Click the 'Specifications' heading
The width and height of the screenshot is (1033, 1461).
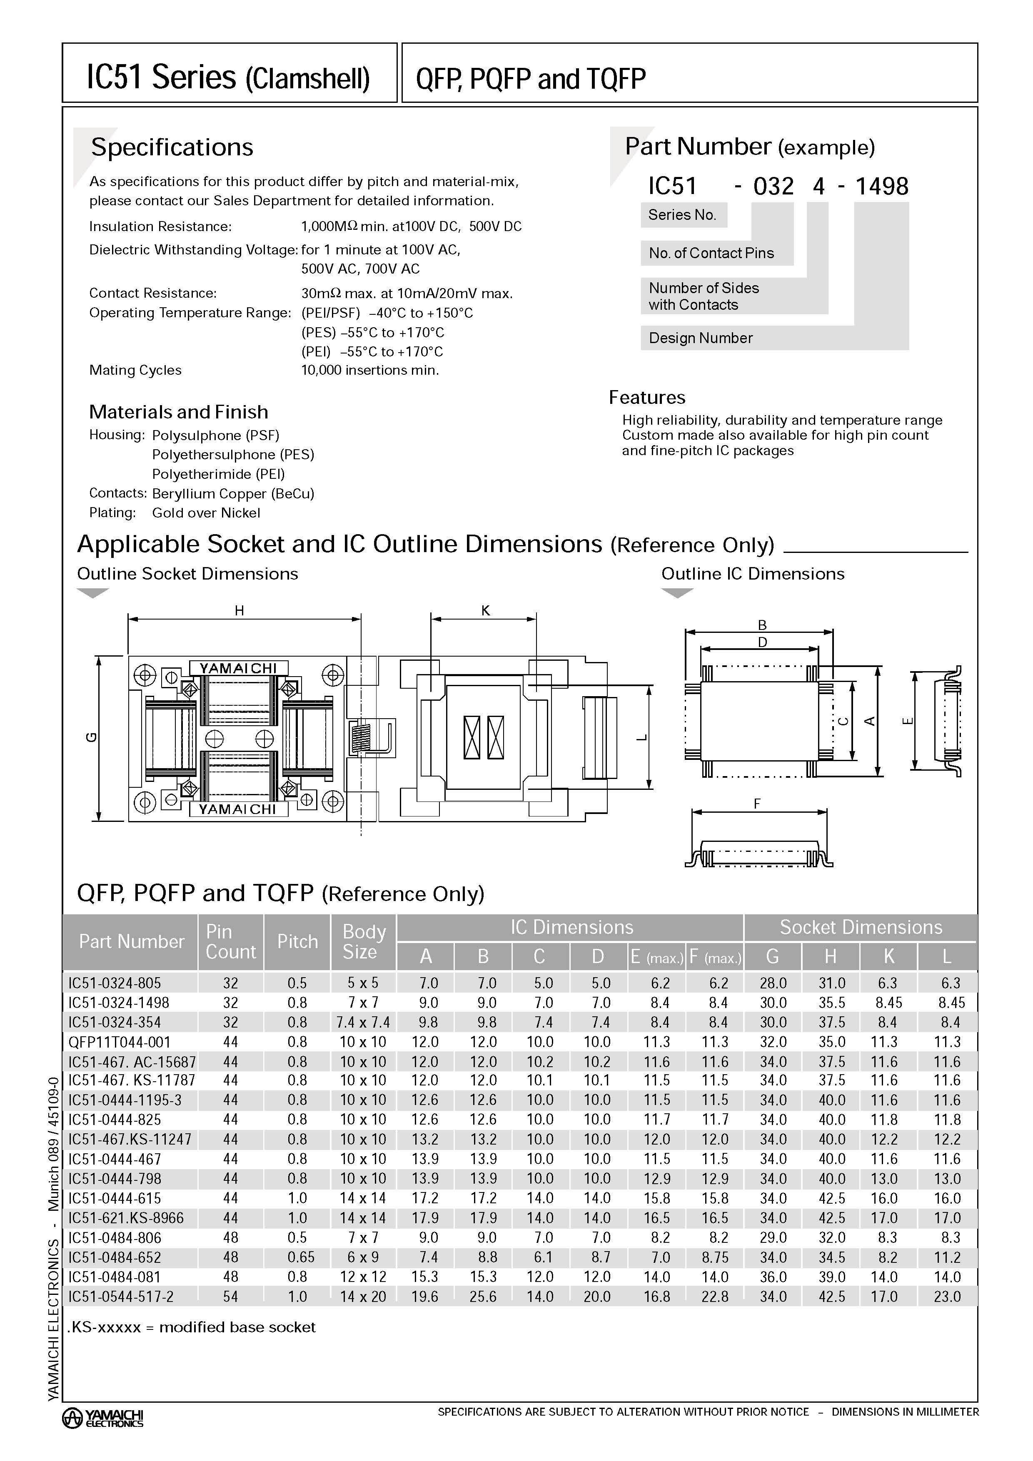click(x=172, y=147)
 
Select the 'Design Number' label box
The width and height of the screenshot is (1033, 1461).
click(x=700, y=338)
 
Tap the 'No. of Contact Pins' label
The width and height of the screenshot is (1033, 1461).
click(x=711, y=253)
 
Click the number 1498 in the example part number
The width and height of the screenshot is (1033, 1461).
click(x=881, y=187)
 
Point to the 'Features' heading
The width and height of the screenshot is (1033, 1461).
click(x=646, y=398)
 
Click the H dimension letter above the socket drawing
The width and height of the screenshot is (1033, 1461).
click(x=240, y=611)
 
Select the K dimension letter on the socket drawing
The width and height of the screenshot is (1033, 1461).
click(x=486, y=611)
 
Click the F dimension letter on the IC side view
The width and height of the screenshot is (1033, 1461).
click(x=757, y=804)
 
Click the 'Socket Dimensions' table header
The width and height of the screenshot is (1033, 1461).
click(x=861, y=927)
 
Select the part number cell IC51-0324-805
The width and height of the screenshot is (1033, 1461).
click(x=115, y=983)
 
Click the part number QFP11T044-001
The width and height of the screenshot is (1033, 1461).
click(x=120, y=1042)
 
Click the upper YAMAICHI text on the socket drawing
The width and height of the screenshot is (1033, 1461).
click(x=238, y=668)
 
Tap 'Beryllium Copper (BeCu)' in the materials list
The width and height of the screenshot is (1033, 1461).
click(x=233, y=494)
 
